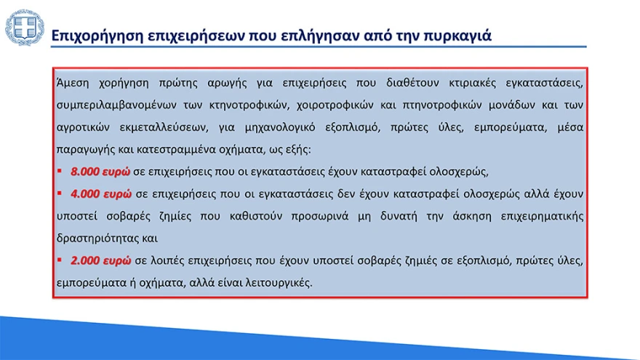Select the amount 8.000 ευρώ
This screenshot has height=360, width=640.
pos(100,172)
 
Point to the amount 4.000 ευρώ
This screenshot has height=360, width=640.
pos(100,194)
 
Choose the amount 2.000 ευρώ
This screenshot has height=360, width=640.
pos(100,260)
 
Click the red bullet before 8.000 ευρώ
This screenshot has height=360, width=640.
pos(60,172)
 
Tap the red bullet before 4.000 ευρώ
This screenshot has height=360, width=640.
pos(60,194)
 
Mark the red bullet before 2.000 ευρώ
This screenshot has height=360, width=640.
pos(60,260)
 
